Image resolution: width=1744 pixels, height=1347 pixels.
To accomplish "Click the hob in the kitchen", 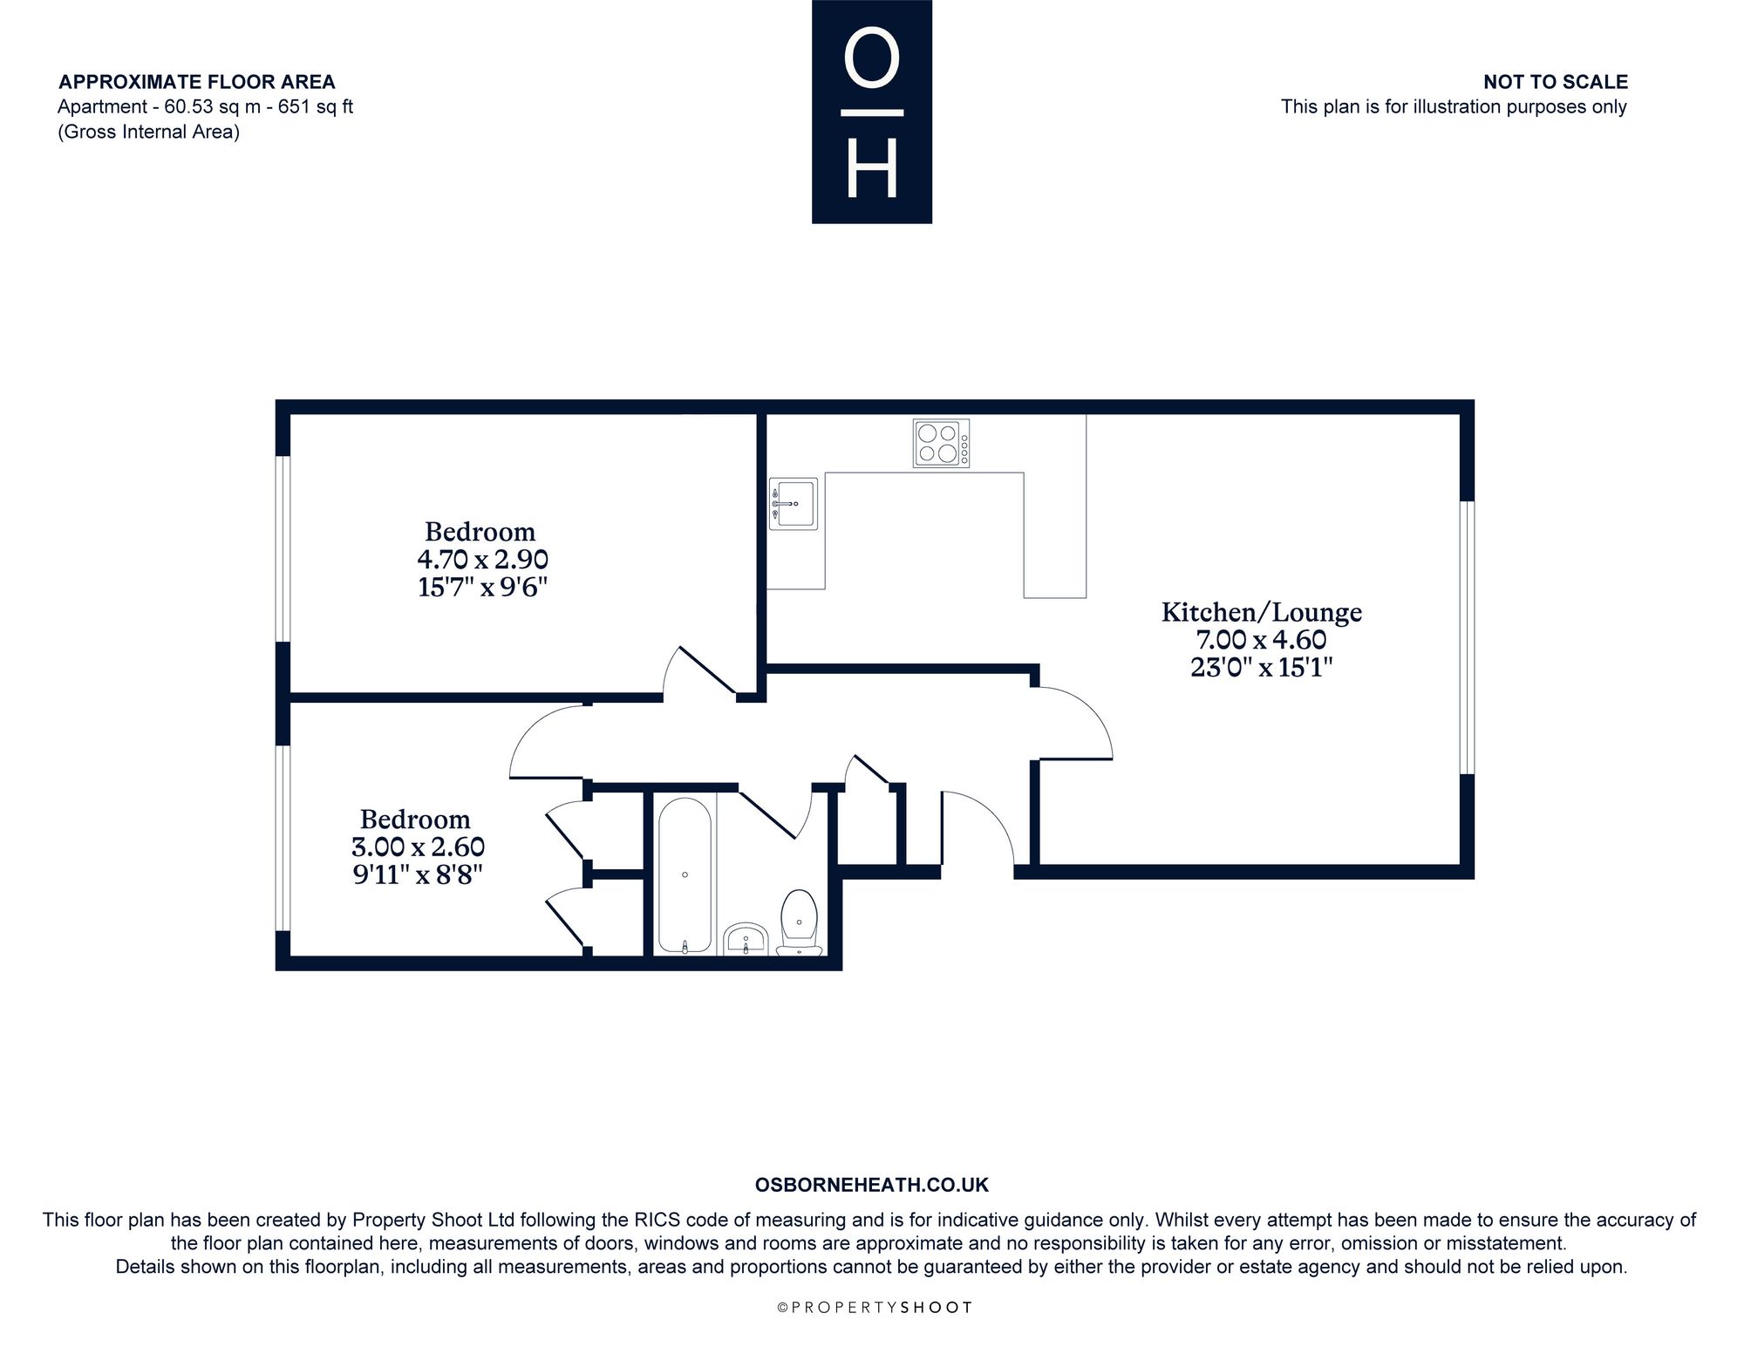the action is point(941,444).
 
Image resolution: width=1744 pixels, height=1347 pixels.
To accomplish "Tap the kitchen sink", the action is point(793,503).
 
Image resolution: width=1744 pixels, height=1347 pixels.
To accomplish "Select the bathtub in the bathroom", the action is point(685,874).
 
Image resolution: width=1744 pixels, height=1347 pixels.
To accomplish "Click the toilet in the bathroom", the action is point(799,922).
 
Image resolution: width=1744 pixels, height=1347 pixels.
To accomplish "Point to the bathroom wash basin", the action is point(746,938).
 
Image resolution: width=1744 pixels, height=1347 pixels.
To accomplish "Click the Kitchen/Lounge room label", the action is point(1262,613).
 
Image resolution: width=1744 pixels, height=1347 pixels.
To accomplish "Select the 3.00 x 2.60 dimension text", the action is point(419,847).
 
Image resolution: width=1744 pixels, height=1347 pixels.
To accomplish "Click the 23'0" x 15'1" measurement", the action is point(1262,668).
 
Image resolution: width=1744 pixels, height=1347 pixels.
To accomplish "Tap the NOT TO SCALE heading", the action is point(1556,82).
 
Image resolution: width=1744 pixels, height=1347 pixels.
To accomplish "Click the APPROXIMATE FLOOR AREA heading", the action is point(197,82).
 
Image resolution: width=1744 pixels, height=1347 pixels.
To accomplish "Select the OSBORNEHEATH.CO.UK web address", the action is point(872,1185).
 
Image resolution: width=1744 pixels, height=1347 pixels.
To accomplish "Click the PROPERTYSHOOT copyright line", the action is point(875,1308).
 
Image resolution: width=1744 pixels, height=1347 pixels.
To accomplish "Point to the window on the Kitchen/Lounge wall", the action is point(1467,637).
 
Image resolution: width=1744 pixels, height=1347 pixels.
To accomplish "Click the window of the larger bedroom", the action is point(283,549).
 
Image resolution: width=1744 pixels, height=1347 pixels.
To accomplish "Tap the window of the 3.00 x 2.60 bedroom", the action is point(283,838).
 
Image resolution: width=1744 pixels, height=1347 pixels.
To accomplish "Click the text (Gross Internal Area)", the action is point(149,133).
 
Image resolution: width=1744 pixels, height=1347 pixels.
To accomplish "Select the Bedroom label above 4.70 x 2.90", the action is point(480,532).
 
